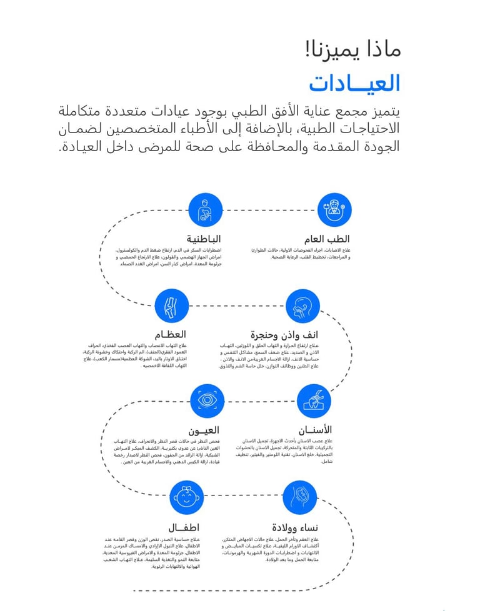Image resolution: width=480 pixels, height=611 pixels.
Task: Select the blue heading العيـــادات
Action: pyautogui.click(x=354, y=83)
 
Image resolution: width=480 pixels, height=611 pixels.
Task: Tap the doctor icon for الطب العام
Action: pyautogui.click(x=334, y=209)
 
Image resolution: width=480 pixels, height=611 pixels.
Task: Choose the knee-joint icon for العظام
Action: pyautogui.click(x=171, y=306)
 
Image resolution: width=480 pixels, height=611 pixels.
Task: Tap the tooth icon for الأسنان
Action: pyautogui.click(x=314, y=400)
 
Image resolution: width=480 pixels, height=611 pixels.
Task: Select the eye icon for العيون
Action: pyautogui.click(x=207, y=400)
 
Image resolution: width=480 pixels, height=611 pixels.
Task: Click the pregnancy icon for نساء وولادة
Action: pyautogui.click(x=299, y=498)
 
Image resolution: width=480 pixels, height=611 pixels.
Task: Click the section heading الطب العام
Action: pyautogui.click(x=327, y=239)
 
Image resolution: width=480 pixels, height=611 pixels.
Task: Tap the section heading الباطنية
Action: pyautogui.click(x=203, y=239)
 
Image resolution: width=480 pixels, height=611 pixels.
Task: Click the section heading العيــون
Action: pyautogui.click(x=204, y=430)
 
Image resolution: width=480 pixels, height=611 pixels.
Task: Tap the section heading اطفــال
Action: pyautogui.click(x=184, y=527)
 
